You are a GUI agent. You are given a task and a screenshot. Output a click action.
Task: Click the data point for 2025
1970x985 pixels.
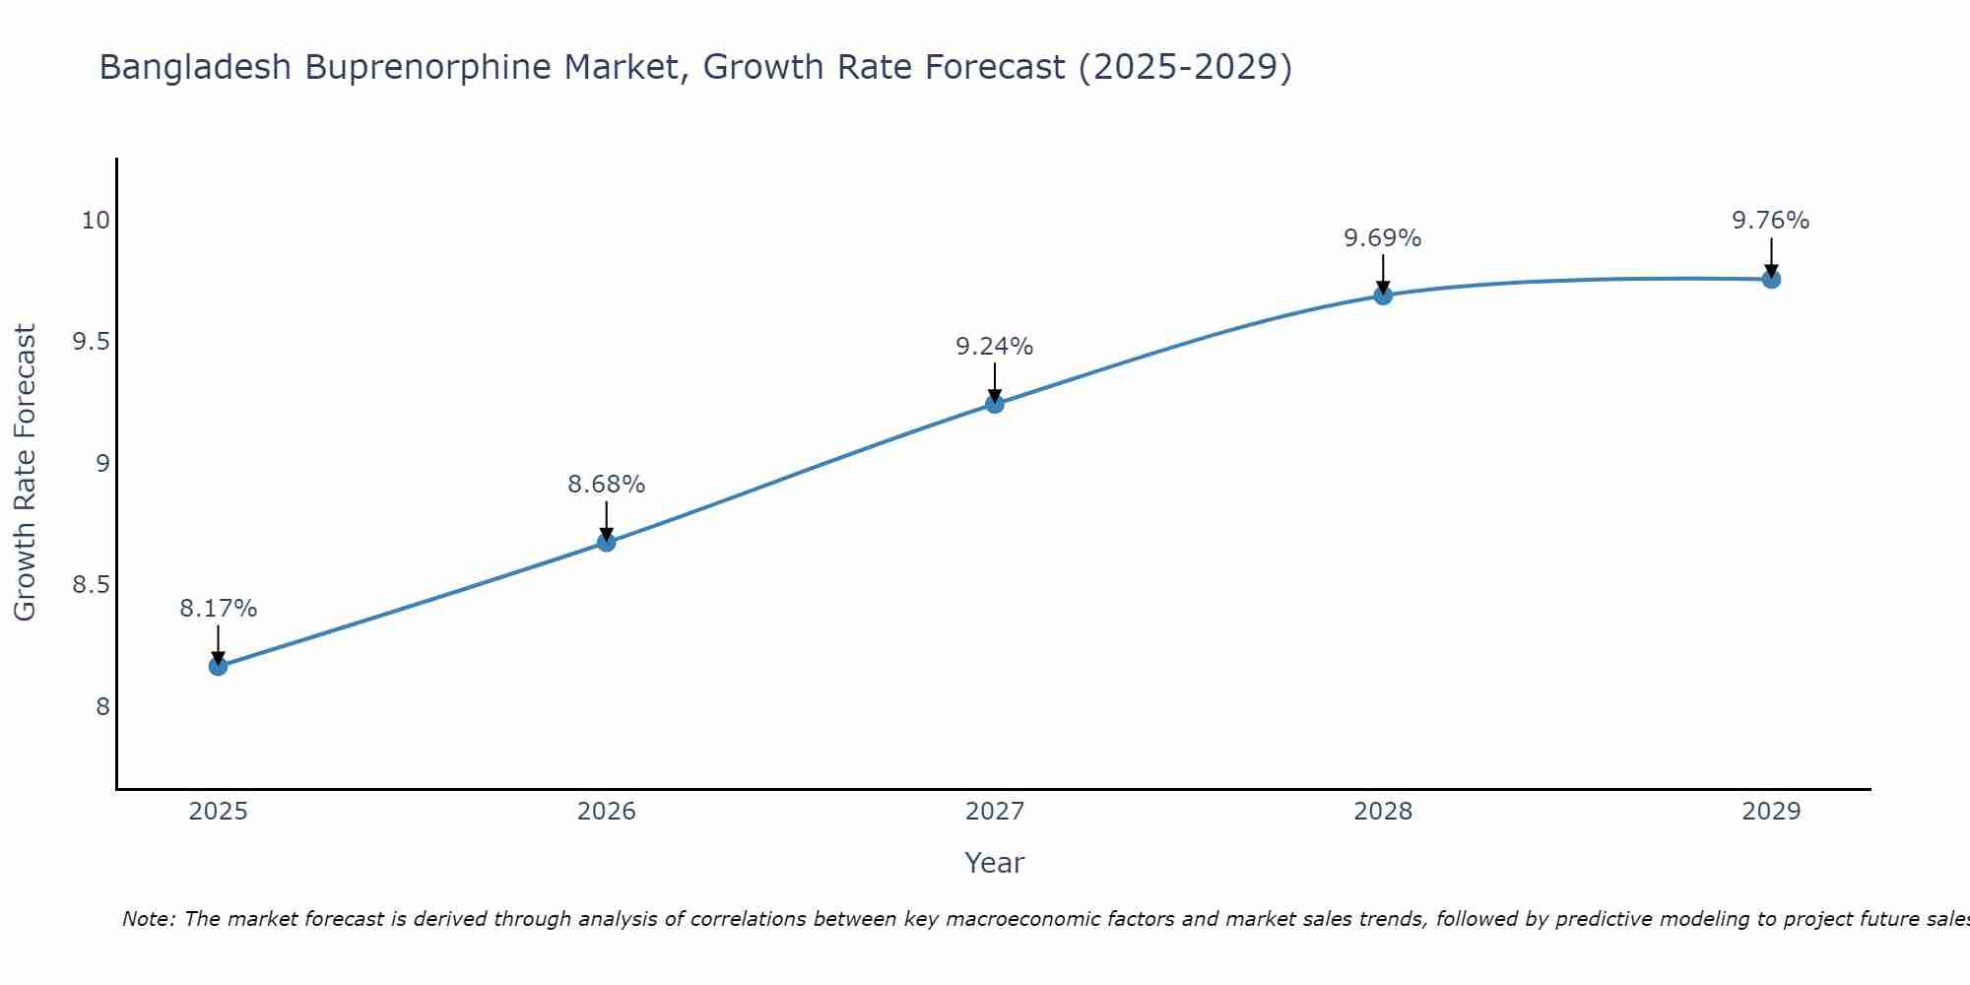pos(218,667)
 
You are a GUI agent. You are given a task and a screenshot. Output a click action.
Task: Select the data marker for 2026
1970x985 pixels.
pos(606,543)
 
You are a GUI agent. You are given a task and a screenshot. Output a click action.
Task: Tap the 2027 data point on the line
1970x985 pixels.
pos(995,404)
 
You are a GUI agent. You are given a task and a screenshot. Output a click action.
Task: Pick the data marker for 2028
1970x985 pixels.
pos(1383,295)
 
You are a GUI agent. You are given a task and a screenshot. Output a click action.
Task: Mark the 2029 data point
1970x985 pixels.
pos(1771,280)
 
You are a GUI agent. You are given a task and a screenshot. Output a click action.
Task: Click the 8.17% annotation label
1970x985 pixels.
pos(218,609)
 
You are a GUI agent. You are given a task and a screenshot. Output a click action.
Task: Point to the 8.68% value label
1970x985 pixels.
pos(606,485)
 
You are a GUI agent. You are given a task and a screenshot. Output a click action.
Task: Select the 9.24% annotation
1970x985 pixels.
pos(995,347)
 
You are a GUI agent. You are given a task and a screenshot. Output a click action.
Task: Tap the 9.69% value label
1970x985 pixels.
pos(1383,238)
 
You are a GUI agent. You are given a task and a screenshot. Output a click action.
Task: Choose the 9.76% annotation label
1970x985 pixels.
pos(1771,221)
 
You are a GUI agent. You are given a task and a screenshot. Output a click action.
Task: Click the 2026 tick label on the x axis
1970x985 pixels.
pos(606,812)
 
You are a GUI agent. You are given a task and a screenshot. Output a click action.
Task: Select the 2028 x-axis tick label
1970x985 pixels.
pos(1383,812)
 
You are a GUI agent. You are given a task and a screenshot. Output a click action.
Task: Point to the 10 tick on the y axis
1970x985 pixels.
pos(95,221)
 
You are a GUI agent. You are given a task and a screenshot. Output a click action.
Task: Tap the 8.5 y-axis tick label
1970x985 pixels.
pos(91,586)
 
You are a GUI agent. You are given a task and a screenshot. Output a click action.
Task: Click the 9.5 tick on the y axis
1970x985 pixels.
pos(91,343)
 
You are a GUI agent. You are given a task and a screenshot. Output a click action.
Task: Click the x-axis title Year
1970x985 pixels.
pos(995,863)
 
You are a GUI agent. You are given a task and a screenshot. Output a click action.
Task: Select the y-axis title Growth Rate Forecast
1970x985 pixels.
pos(26,473)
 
